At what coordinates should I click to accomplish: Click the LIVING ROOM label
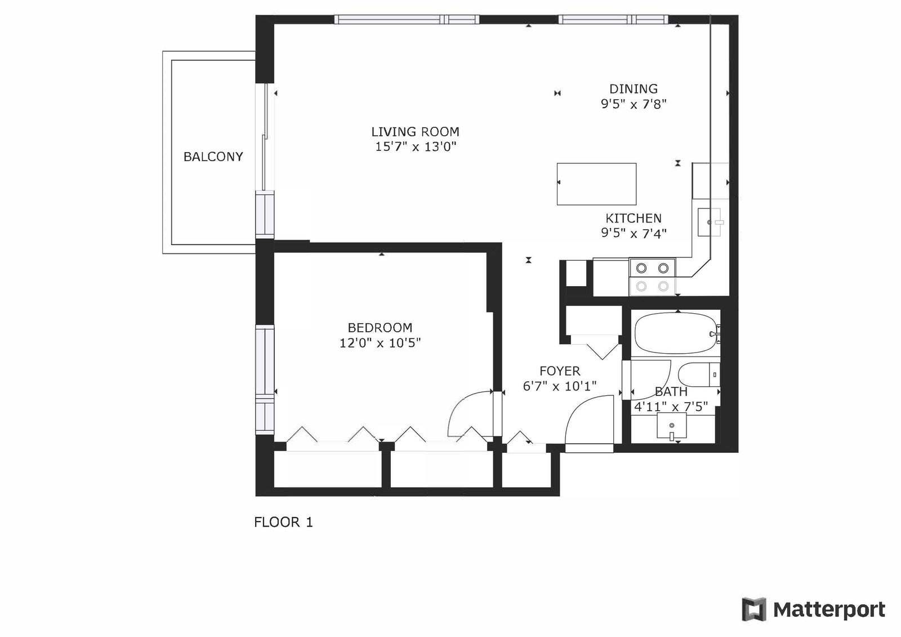click(415, 132)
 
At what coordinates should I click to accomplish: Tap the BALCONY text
click(213, 157)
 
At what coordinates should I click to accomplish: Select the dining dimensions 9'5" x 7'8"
click(634, 104)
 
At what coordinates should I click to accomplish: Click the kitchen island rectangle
click(596, 184)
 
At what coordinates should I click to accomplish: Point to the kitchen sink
click(711, 222)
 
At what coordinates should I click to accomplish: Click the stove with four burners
click(652, 277)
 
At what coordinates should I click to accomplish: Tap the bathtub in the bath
click(676, 333)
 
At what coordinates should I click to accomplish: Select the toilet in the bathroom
click(699, 374)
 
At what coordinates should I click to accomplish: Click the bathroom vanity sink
click(672, 426)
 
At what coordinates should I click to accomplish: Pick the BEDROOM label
click(380, 328)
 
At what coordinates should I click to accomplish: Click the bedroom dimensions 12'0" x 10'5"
click(380, 343)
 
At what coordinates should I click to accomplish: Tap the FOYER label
click(560, 371)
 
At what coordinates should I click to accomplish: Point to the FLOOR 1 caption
click(284, 522)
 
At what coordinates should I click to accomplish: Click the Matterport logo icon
click(753, 609)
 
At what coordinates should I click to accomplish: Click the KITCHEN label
click(634, 218)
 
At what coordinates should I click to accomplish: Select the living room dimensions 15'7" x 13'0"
click(416, 147)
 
